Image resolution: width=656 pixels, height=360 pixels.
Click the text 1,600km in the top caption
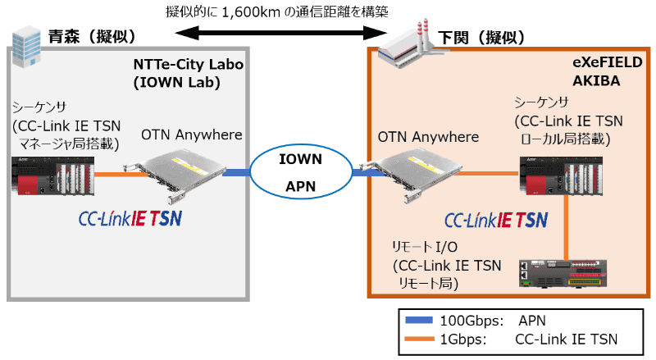click(243, 11)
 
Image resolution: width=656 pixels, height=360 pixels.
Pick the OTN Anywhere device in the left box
click(176, 171)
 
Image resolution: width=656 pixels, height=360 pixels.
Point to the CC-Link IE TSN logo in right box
click(495, 220)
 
